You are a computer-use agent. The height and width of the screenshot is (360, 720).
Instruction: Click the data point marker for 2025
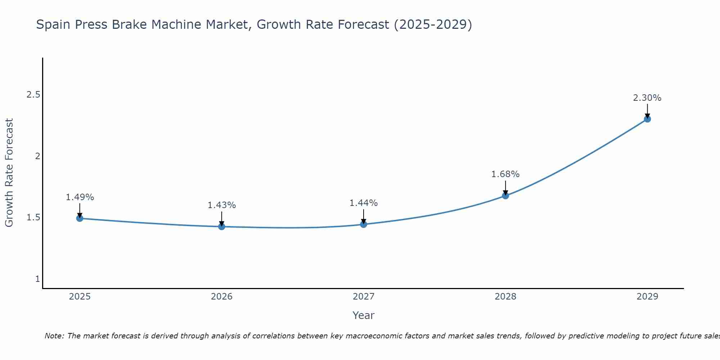click(x=80, y=218)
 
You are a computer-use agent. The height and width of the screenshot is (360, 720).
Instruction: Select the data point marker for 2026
click(x=222, y=226)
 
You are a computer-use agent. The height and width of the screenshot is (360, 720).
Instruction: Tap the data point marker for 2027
click(x=364, y=224)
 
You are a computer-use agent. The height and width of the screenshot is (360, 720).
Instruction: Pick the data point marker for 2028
click(x=505, y=195)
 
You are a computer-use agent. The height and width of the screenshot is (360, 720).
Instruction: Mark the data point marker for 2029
click(x=647, y=119)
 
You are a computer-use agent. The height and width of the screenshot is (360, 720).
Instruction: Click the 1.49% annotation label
click(x=80, y=197)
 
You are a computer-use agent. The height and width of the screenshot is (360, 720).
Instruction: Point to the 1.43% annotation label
click(x=222, y=205)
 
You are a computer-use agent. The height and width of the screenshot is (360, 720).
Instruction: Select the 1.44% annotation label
click(x=364, y=203)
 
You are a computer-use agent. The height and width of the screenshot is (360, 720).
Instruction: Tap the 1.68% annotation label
click(x=505, y=174)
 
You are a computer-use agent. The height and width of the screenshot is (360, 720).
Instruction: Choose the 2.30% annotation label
click(x=647, y=98)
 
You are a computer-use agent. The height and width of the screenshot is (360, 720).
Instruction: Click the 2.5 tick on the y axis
click(x=33, y=95)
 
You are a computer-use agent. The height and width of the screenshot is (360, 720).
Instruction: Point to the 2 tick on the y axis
click(x=37, y=156)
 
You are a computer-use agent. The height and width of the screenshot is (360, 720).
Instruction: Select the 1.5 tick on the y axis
click(x=33, y=217)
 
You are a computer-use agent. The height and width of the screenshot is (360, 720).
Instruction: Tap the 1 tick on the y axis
click(x=37, y=279)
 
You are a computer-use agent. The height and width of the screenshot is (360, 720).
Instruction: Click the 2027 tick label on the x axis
click(x=364, y=297)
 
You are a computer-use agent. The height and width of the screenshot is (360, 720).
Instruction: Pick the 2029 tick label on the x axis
click(x=647, y=297)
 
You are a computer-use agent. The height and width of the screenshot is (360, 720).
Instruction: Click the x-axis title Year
click(x=364, y=315)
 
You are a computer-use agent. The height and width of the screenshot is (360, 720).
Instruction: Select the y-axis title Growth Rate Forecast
click(x=9, y=173)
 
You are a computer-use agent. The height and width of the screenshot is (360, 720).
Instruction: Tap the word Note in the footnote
click(x=54, y=336)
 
